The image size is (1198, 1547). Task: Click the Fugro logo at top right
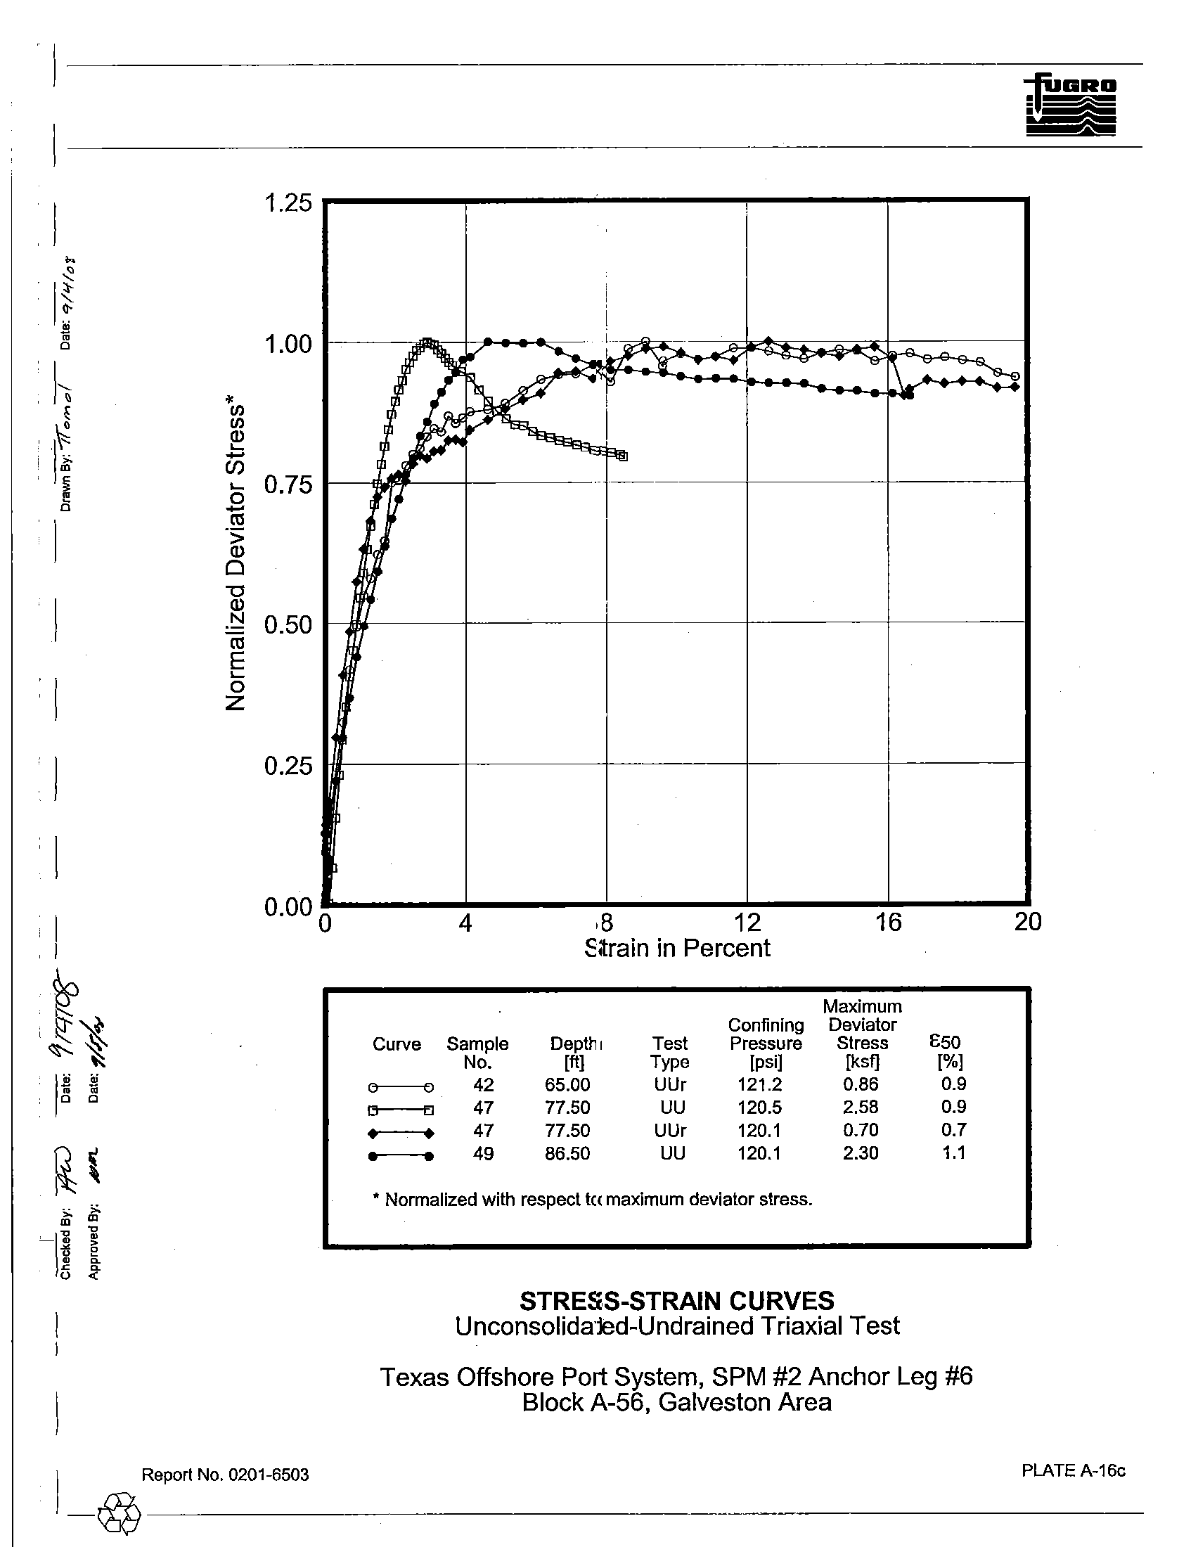click(x=1070, y=105)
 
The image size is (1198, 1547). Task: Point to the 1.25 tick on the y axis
click(x=288, y=203)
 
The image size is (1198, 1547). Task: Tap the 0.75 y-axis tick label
click(x=288, y=485)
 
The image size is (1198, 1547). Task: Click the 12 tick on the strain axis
click(x=746, y=923)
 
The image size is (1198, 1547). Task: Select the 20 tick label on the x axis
click(x=1027, y=923)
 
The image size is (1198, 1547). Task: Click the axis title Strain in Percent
click(x=678, y=948)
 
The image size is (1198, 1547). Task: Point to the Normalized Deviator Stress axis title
click(x=235, y=558)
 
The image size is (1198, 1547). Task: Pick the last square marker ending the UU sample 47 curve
click(x=622, y=456)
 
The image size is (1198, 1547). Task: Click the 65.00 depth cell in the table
click(x=567, y=1085)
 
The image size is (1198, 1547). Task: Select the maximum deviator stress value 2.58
click(x=861, y=1108)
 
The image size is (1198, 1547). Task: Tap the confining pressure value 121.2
click(x=759, y=1085)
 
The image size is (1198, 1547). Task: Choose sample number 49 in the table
click(x=483, y=1154)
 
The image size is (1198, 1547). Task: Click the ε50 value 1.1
click(x=954, y=1153)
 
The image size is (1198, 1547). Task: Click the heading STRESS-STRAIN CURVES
click(x=677, y=1301)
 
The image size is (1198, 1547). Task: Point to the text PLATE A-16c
click(x=1073, y=1471)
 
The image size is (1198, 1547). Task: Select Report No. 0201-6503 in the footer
click(x=225, y=1475)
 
